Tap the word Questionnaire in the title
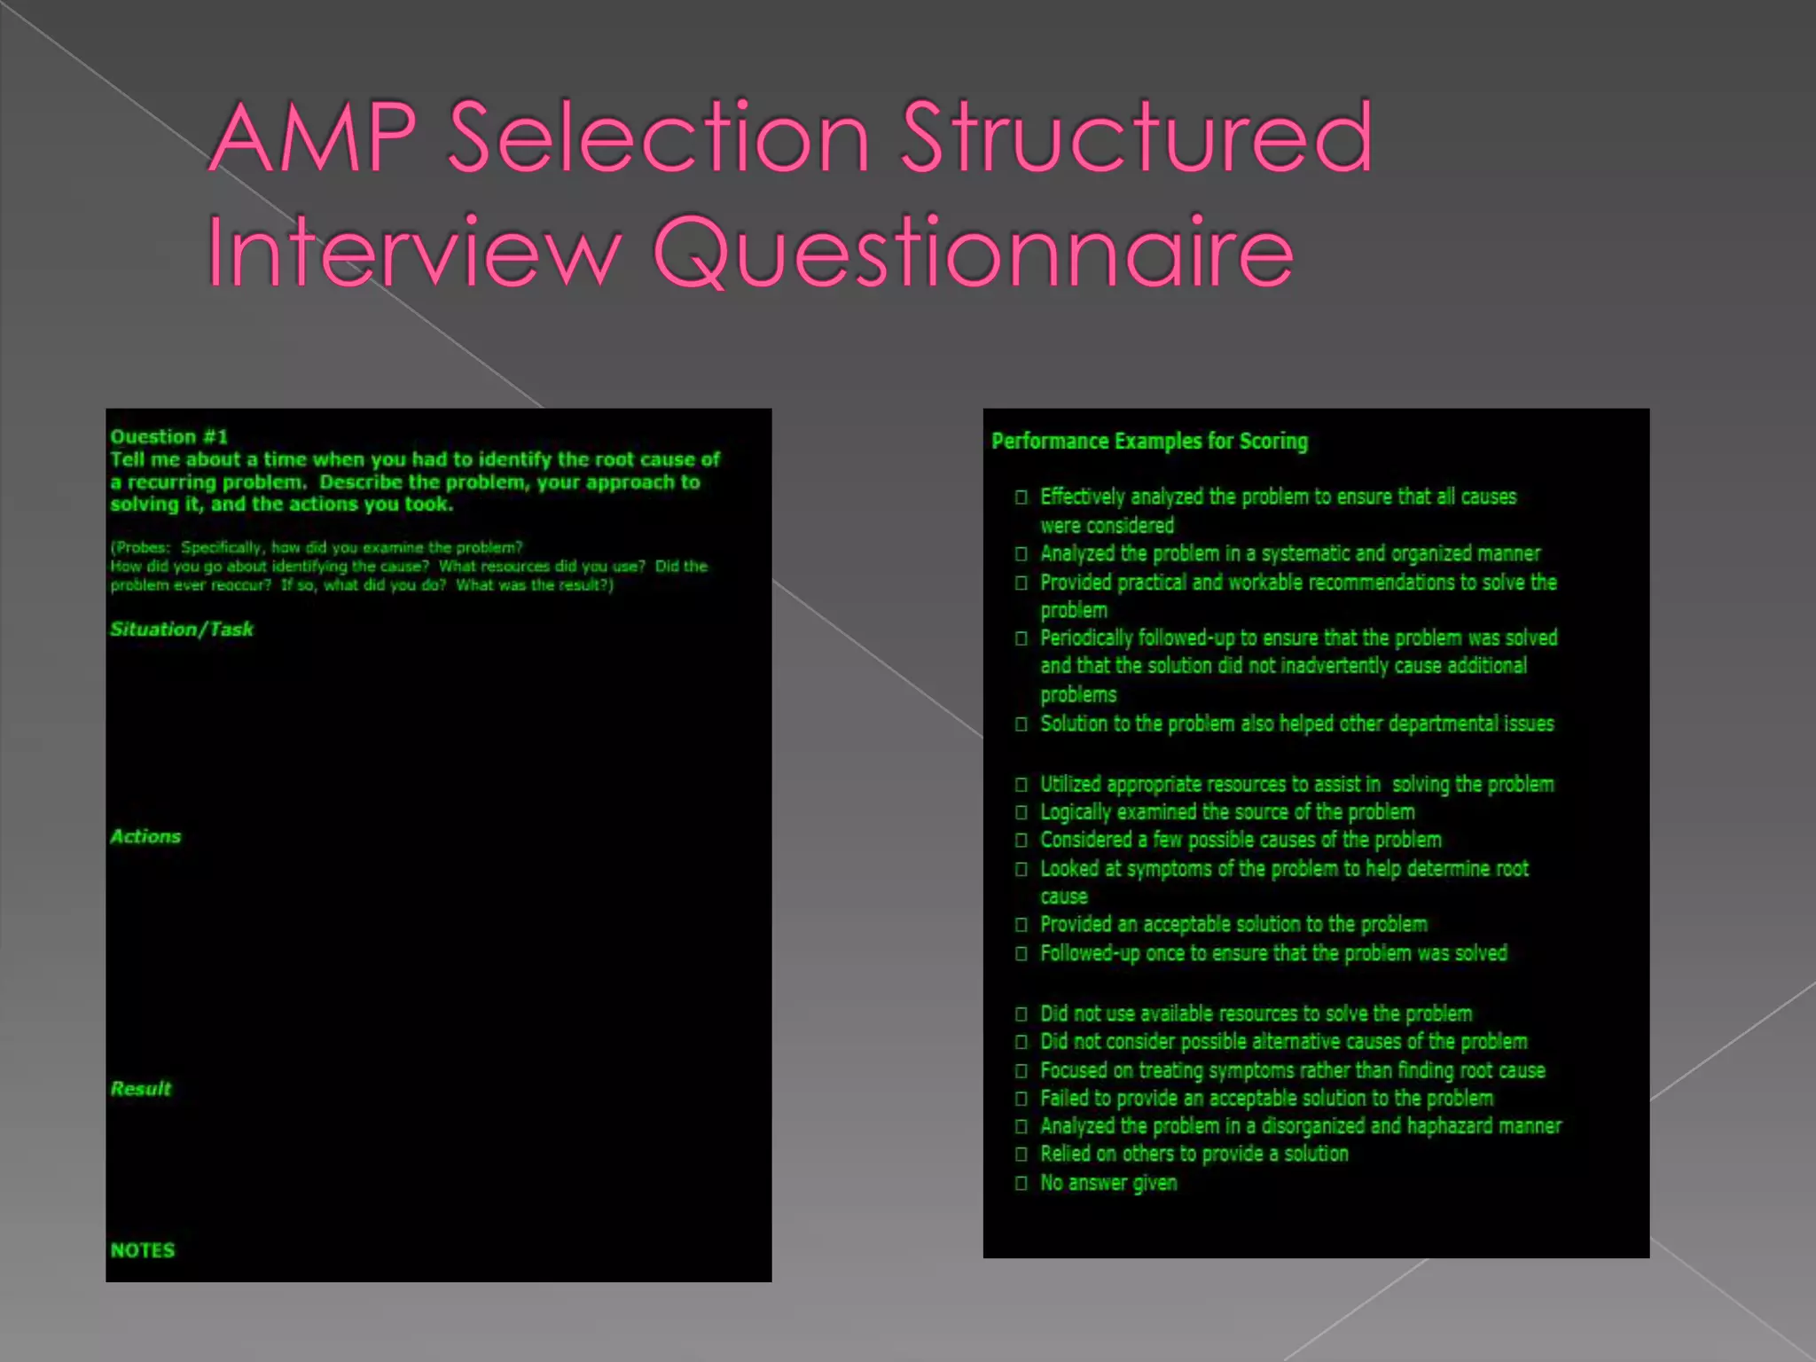(x=973, y=252)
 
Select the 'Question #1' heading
(x=169, y=436)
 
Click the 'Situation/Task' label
(x=182, y=629)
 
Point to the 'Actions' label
(x=145, y=836)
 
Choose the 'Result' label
(x=141, y=1088)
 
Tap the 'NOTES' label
(x=143, y=1250)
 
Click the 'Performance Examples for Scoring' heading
(x=1149, y=441)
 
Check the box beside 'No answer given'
(x=1021, y=1183)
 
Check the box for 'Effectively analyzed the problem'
(x=1021, y=497)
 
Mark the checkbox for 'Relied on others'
(x=1021, y=1155)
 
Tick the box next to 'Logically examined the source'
(x=1021, y=812)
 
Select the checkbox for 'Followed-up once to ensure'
(x=1021, y=953)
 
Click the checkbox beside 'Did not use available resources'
(x=1021, y=1014)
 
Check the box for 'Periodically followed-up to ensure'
(x=1021, y=638)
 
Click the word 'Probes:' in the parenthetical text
(x=141, y=547)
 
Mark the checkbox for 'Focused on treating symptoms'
(x=1021, y=1070)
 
